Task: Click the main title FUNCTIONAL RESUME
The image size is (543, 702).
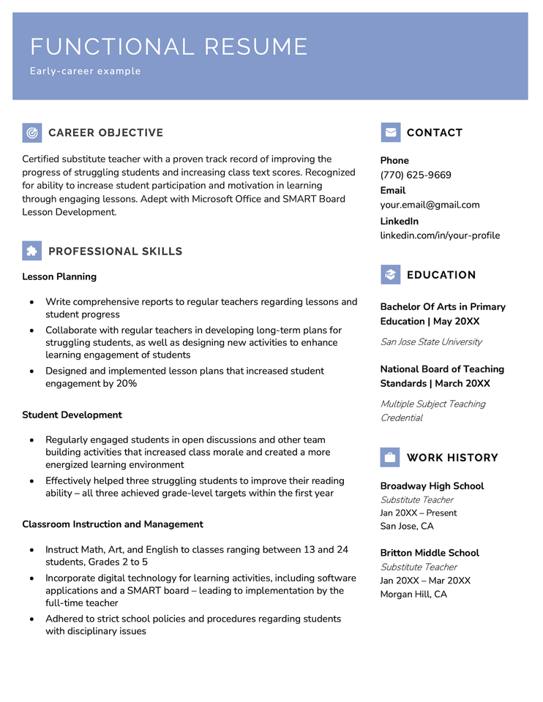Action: [x=169, y=47]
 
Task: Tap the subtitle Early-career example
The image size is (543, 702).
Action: [x=86, y=72]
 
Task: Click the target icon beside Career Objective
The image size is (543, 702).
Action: [x=32, y=132]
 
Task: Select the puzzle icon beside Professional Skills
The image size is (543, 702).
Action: [x=32, y=251]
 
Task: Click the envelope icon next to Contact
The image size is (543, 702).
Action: [x=391, y=132]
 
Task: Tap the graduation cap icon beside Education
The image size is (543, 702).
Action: [x=391, y=275]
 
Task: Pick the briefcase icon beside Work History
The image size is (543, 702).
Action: [x=390, y=458]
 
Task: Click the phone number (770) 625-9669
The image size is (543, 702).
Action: [x=416, y=175]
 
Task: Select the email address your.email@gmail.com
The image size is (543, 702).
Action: [x=430, y=205]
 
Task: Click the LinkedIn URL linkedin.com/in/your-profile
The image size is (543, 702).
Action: [x=440, y=235]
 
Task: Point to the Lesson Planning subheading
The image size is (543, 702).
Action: [x=59, y=276]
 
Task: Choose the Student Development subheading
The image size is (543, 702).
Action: [x=72, y=415]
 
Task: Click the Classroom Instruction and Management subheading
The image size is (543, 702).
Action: [x=113, y=524]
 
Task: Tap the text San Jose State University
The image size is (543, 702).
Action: [x=431, y=341]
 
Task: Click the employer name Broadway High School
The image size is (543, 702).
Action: [x=432, y=486]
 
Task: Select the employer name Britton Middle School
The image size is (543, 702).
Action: [x=430, y=553]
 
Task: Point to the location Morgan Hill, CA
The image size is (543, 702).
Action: [x=413, y=595]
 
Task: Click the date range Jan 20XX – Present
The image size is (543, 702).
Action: [x=419, y=513]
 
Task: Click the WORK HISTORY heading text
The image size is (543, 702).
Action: [x=452, y=458]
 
